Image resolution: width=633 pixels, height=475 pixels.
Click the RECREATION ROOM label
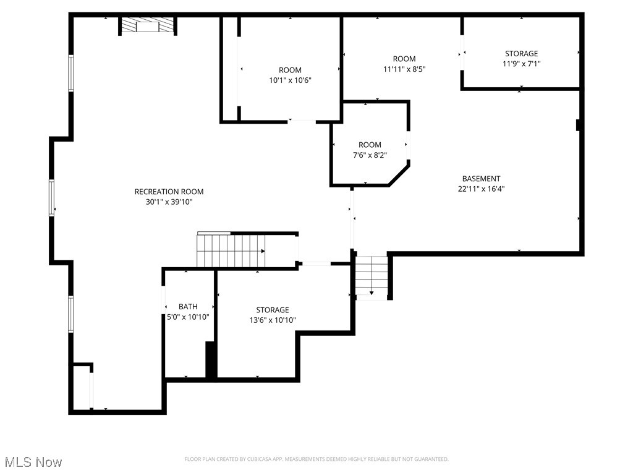tap(169, 192)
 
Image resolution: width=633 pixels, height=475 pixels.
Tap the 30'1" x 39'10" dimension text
tap(169, 202)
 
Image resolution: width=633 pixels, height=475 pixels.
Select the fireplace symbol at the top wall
tap(148, 25)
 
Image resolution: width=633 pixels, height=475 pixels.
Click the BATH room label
tap(188, 306)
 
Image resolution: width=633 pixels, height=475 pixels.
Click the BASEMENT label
tap(481, 179)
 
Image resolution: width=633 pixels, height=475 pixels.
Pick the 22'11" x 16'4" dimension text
tap(481, 189)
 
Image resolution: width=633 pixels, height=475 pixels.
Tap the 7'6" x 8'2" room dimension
tap(370, 155)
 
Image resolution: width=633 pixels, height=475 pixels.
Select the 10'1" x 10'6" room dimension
tap(290, 80)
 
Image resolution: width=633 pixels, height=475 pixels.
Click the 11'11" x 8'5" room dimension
tap(404, 69)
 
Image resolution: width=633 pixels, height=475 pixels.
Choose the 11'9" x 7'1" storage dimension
tap(521, 64)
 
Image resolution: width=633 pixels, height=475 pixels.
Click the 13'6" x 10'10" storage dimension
tap(273, 320)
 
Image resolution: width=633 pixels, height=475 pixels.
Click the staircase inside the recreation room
tap(231, 250)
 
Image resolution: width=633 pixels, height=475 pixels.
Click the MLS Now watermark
tap(33, 462)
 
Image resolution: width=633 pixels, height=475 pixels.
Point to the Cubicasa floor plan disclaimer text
tap(316, 459)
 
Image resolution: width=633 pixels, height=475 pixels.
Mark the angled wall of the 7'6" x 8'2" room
tap(399, 174)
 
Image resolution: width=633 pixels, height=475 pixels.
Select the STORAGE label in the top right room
tap(521, 54)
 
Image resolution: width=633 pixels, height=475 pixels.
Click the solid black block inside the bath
tap(211, 359)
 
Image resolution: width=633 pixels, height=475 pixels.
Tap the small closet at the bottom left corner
tap(82, 387)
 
